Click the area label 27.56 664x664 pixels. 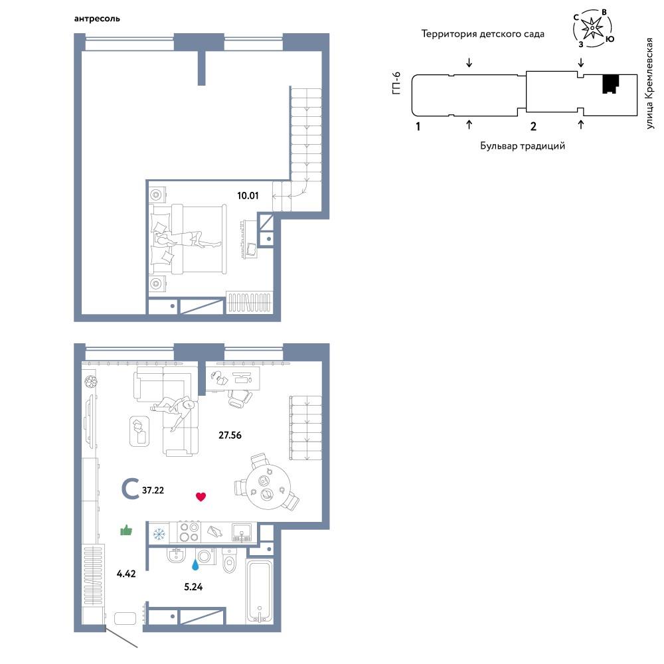pos(230,435)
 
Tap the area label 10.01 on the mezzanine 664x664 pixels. pos(248,196)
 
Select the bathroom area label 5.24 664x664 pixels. pos(193,587)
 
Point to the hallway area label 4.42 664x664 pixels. pos(126,574)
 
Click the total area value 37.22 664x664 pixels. pos(153,491)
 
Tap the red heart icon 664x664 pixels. pos(201,497)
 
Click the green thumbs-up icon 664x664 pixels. pos(126,530)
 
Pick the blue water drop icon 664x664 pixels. pos(195,565)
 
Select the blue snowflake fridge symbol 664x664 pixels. pos(159,535)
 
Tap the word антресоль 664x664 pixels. pos(97,19)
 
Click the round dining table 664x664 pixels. pos(268,487)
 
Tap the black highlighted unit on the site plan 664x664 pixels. pos(610,84)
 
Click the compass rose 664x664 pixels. pos(592,28)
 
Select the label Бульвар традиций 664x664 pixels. pos(523,146)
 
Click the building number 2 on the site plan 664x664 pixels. pos(533,126)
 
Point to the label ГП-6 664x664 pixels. pos(396,83)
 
